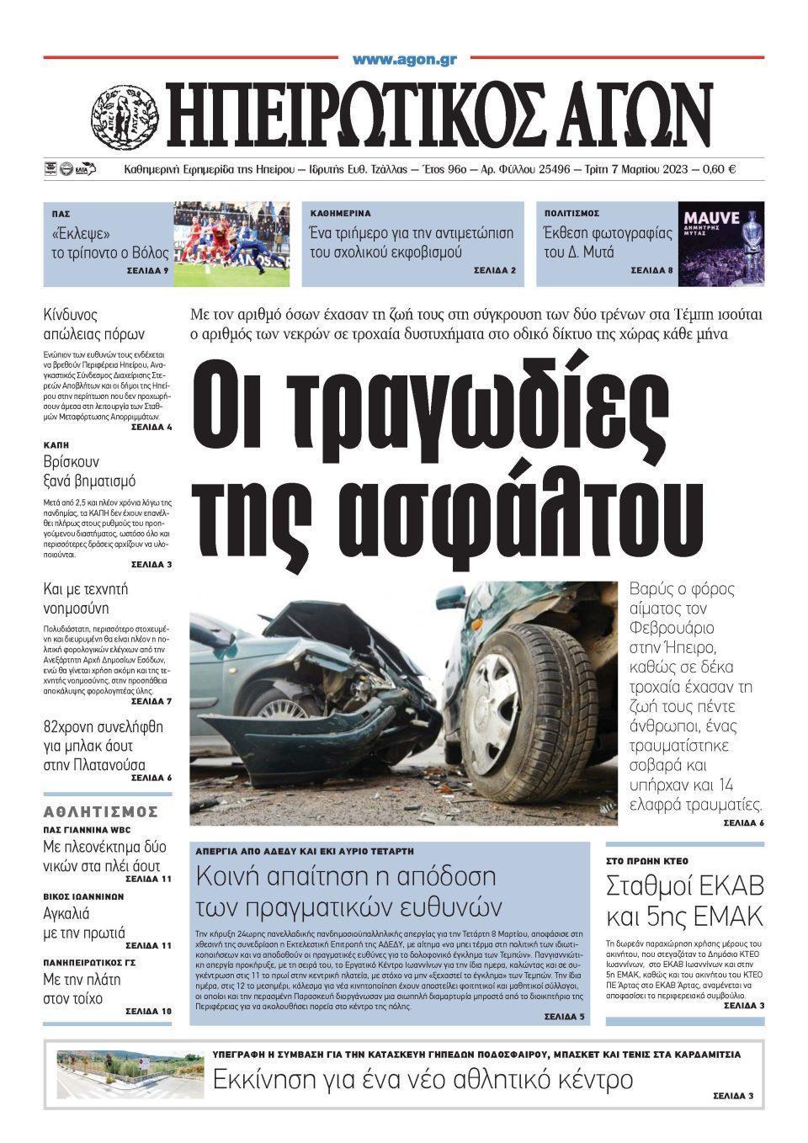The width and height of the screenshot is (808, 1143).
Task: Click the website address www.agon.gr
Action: click(404, 59)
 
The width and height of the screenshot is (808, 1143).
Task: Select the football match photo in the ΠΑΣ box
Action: click(231, 243)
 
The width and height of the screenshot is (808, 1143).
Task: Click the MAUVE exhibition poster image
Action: click(721, 243)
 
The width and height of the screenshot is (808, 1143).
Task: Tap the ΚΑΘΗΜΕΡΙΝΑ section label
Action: click(340, 214)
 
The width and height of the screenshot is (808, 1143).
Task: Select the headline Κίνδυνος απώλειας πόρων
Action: click(93, 323)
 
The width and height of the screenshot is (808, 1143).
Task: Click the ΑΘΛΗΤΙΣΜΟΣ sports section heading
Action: click(101, 811)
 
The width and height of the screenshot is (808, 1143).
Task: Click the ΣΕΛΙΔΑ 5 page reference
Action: click(564, 1017)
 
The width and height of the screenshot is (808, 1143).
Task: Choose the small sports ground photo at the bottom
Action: click(130, 1073)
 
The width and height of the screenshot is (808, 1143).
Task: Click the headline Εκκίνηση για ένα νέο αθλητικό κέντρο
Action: click(422, 1079)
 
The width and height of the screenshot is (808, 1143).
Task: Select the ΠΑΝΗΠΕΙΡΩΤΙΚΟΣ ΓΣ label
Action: click(89, 962)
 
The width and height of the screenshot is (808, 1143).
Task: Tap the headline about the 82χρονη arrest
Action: click(103, 746)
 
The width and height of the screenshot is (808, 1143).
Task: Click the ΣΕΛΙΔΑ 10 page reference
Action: click(148, 1011)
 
